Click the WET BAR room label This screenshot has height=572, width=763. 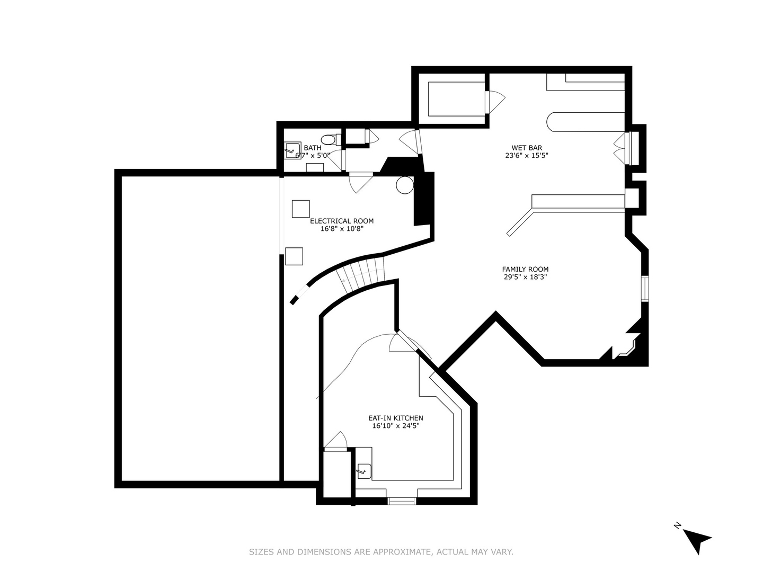tap(526, 148)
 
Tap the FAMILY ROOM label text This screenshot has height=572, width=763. tap(525, 269)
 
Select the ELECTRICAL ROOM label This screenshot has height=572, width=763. tap(342, 221)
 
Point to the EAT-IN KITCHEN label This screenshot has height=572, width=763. tap(396, 418)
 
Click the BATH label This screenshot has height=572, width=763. tap(313, 148)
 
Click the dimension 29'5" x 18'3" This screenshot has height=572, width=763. tap(525, 277)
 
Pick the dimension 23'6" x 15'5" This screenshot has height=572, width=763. tap(526, 156)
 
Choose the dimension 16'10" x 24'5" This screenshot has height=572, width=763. tap(396, 426)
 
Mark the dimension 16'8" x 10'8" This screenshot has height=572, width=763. tap(342, 228)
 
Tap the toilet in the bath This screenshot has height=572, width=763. tap(331, 140)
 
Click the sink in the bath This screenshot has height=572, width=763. tap(293, 150)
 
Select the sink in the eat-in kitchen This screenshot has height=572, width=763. tap(364, 471)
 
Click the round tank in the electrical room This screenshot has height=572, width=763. tap(405, 185)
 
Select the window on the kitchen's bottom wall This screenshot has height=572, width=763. tap(402, 501)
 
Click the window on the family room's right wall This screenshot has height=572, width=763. tap(645, 288)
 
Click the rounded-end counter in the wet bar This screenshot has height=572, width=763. tap(585, 122)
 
